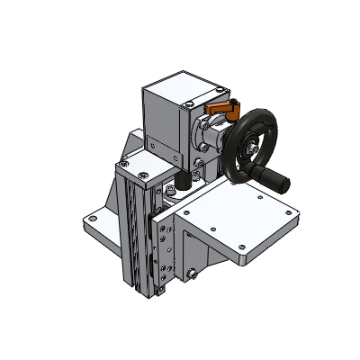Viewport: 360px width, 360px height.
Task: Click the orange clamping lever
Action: pyautogui.click(x=220, y=110)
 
